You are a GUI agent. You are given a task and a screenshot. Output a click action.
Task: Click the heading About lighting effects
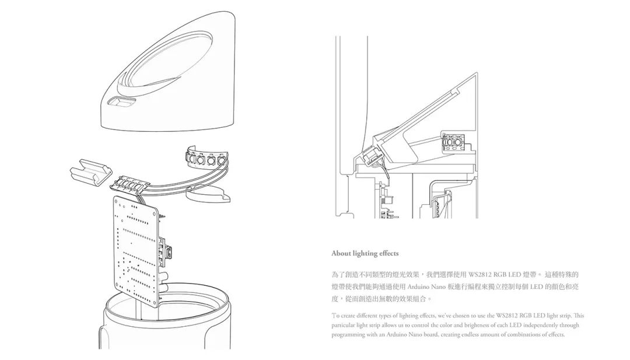(365, 253)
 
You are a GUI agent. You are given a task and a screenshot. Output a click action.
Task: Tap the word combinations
(519, 335)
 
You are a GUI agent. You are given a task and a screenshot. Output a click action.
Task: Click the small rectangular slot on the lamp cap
(121, 103)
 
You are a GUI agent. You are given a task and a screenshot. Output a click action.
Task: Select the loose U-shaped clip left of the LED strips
(90, 173)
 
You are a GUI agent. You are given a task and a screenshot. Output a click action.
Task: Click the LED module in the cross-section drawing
(453, 142)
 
